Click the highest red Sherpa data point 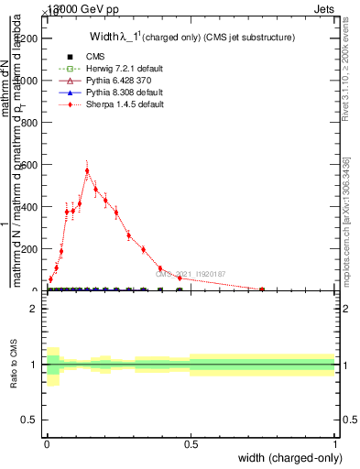(x=87, y=170)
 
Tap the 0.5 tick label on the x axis (x=191, y=445)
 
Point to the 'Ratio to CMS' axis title (x=14, y=365)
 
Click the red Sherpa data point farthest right (x=262, y=289)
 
